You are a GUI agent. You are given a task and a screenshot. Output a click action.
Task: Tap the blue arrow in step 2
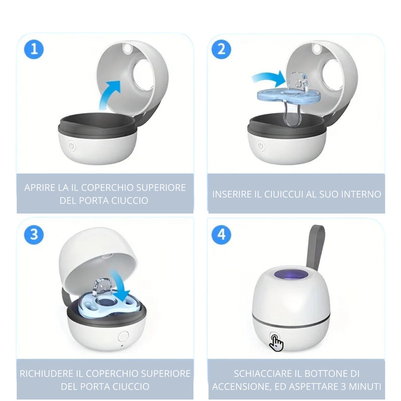tap(268, 78)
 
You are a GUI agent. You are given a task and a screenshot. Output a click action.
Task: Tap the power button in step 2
tap(261, 146)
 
